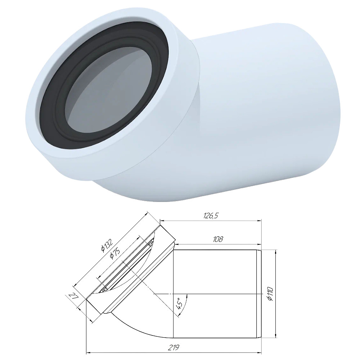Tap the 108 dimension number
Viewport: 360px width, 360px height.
click(x=218, y=239)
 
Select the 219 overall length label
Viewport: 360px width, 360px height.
click(x=174, y=347)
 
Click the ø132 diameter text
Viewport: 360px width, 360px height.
click(x=107, y=245)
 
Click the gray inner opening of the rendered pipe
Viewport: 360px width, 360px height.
click(x=108, y=90)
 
